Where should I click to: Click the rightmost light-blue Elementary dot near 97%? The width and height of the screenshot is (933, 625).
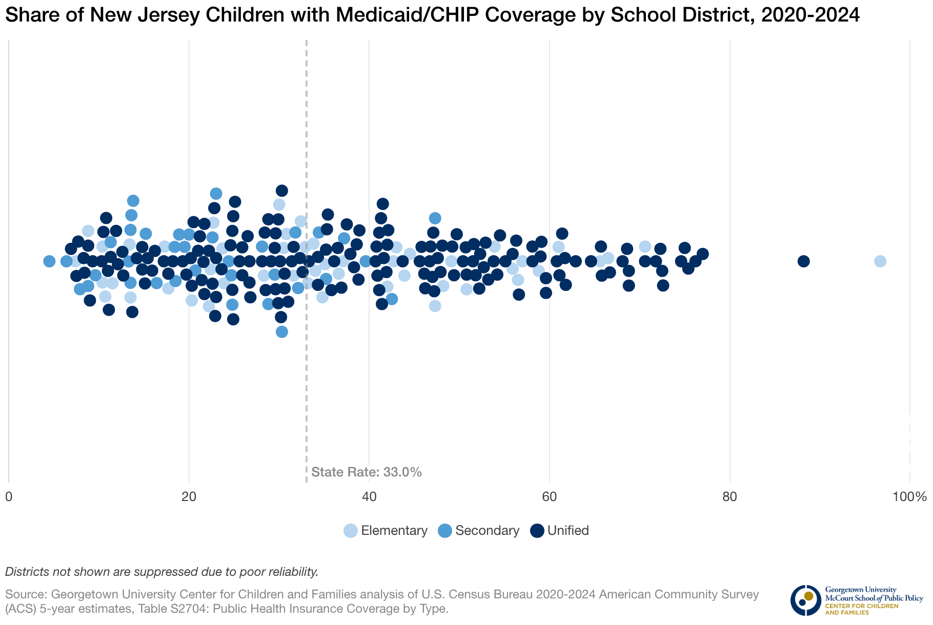(x=880, y=261)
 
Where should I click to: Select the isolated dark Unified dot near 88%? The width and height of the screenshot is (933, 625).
(x=803, y=261)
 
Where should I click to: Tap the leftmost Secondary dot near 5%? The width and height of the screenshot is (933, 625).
(x=49, y=261)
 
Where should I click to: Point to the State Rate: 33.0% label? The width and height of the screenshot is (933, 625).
(x=366, y=472)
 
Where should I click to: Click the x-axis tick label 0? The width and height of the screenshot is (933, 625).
(x=9, y=497)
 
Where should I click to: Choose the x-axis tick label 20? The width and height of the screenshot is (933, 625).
(x=189, y=497)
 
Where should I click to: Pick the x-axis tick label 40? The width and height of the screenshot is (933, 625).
(x=369, y=497)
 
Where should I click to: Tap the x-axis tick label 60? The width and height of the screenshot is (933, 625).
(x=550, y=497)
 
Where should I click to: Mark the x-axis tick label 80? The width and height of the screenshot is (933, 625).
(x=729, y=497)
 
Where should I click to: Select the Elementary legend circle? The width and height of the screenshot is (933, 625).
(x=351, y=531)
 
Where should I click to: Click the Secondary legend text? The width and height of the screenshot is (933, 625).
(x=487, y=531)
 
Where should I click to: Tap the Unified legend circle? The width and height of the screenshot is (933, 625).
(x=537, y=531)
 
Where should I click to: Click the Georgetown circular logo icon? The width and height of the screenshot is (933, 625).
(x=805, y=600)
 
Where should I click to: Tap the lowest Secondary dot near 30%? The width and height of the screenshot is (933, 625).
(x=281, y=331)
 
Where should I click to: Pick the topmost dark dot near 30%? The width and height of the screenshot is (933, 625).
(x=281, y=191)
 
